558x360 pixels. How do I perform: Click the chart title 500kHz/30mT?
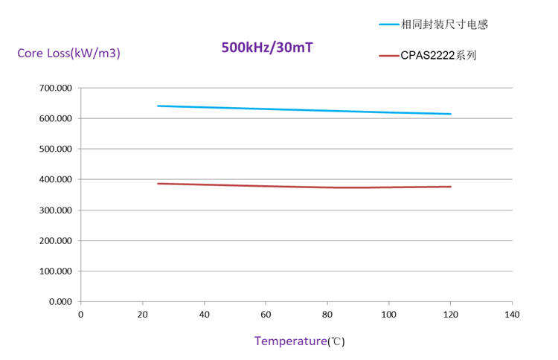tap(267, 48)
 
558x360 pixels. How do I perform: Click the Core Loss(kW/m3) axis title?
tap(68, 53)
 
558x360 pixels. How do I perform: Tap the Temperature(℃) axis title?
tap(299, 341)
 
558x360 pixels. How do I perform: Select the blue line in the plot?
tap(298, 110)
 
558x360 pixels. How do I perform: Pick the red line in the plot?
tap(298, 186)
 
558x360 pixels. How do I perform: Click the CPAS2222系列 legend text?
tap(438, 55)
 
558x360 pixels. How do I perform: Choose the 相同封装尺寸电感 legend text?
tap(444, 25)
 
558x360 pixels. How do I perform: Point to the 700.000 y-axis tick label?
tap(56, 88)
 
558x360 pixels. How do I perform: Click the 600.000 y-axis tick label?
tap(56, 118)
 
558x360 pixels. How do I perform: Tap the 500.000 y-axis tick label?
tap(56, 149)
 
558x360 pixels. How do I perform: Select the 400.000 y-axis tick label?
tap(56, 179)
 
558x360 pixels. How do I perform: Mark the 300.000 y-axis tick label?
tap(56, 210)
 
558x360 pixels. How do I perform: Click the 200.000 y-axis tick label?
tap(56, 240)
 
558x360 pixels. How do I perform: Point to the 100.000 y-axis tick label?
tap(56, 271)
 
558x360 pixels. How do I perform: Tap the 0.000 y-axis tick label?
tap(60, 301)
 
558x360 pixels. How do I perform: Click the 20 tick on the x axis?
tap(142, 315)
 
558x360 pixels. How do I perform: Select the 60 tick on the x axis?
tap(266, 315)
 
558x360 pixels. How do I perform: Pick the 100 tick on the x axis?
tap(388, 315)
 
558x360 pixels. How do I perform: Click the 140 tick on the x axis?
tap(512, 315)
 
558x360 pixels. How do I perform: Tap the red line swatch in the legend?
tap(388, 55)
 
